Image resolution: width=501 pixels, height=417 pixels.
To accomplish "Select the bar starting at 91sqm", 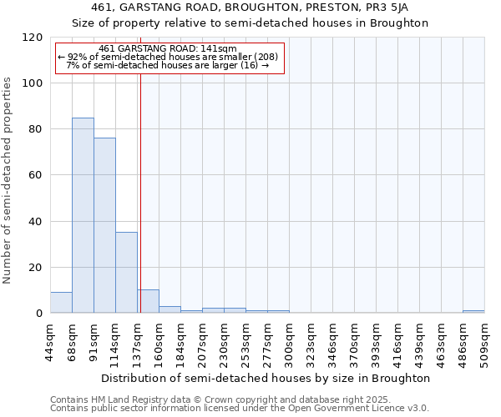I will point(104,225).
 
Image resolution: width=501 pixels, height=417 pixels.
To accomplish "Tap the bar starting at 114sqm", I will point(126,272).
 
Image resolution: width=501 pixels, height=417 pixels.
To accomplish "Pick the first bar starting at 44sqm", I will point(61,303).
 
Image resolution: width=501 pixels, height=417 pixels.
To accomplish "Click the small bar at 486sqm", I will point(473,311).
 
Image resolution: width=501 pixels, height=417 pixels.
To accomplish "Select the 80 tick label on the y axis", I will point(36,129).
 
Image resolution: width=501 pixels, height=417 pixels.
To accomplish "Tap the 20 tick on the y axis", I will point(36,268).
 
